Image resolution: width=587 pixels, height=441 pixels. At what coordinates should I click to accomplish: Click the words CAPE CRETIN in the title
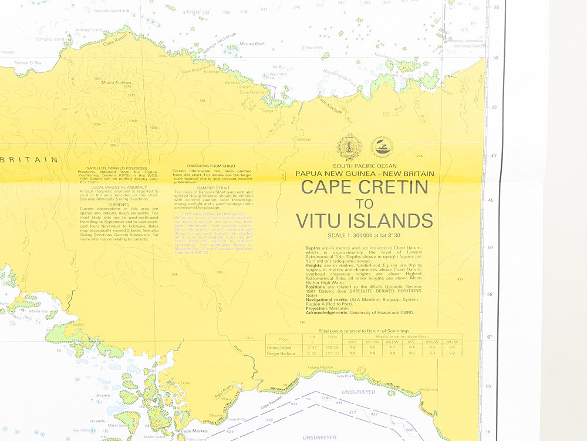(x=365, y=188)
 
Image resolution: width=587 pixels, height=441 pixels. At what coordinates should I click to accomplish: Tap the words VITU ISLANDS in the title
(x=365, y=220)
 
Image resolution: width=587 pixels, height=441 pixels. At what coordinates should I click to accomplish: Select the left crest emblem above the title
(x=349, y=147)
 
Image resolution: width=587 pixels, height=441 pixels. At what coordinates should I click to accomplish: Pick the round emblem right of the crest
(x=382, y=146)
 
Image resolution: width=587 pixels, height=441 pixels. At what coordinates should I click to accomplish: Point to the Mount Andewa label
(x=116, y=82)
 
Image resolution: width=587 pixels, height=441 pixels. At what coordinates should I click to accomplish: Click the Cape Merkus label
(x=191, y=431)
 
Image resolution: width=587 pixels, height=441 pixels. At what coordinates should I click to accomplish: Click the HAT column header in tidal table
(x=352, y=342)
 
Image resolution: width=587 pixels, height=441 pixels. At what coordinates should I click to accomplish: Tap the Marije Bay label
(x=39, y=310)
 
